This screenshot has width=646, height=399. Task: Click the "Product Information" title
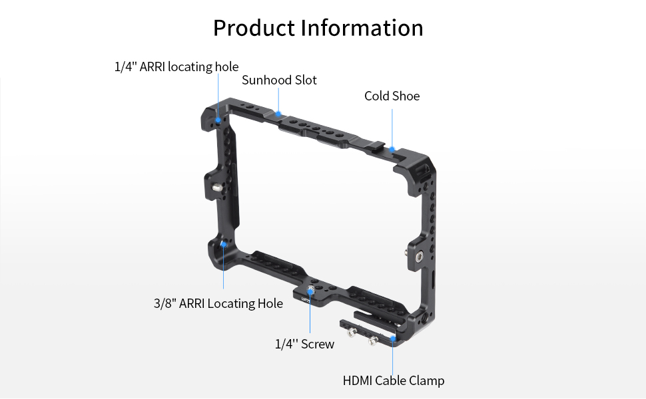pos(318,28)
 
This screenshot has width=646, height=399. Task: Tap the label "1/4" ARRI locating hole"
pos(176,66)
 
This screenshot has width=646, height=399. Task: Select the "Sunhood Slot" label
pos(279,80)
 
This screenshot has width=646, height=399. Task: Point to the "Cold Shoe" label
pos(392,96)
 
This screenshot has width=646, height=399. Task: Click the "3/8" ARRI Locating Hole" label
pos(218,304)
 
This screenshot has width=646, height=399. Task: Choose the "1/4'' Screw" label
pos(304,344)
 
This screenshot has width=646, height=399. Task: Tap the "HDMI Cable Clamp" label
pos(393,381)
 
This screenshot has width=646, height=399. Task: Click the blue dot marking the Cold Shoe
pos(392,149)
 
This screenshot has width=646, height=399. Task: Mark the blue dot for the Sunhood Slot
pos(280,114)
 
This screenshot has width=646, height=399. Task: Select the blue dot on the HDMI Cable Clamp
pos(393,338)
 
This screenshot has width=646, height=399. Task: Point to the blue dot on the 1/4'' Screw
pos(310,291)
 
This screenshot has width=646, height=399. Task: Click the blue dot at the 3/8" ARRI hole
pos(223,245)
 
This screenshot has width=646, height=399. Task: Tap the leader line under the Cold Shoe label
pos(392,126)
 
